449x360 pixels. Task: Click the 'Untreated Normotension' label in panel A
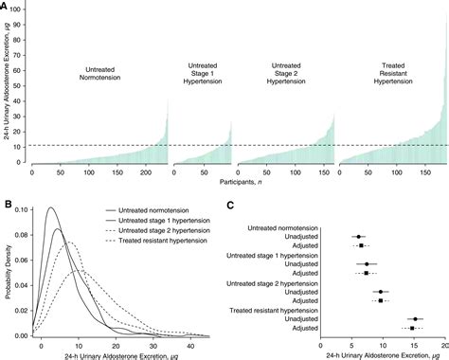(99, 76)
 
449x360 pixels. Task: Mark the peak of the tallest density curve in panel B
(50, 207)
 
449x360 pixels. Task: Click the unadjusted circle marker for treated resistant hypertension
(416, 319)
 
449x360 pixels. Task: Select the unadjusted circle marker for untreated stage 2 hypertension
(382, 293)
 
